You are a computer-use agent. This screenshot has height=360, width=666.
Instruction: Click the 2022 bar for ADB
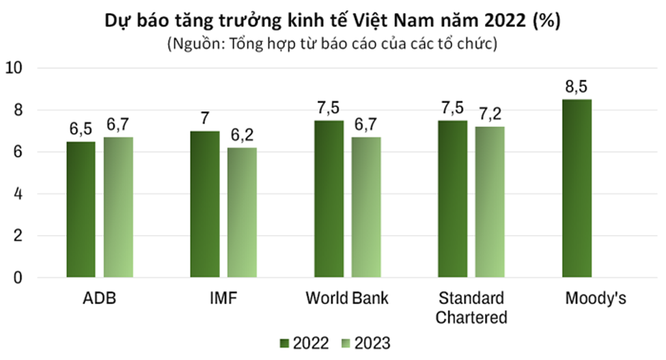pyautogui.click(x=81, y=210)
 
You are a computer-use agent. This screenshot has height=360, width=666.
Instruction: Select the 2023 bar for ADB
pyautogui.click(x=118, y=208)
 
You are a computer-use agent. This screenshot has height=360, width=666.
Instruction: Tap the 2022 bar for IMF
pyautogui.click(x=205, y=204)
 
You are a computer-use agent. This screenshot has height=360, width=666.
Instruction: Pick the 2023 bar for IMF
pyautogui.click(x=242, y=212)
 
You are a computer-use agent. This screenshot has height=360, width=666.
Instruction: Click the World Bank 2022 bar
pyautogui.click(x=329, y=199)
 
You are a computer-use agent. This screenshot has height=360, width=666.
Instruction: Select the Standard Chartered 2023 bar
pyautogui.click(x=490, y=202)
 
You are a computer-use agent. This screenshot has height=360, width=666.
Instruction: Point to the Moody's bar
pyautogui.click(x=577, y=189)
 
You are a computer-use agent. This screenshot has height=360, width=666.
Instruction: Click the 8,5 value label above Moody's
pyautogui.click(x=577, y=87)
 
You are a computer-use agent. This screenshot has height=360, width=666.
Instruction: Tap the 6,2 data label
pyautogui.click(x=242, y=135)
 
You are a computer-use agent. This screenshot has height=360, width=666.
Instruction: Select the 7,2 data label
pyautogui.click(x=490, y=114)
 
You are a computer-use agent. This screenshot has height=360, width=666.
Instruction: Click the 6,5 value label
pyautogui.click(x=81, y=129)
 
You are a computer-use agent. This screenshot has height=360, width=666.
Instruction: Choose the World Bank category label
pyautogui.click(x=347, y=299)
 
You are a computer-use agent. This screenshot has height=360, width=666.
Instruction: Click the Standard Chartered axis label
pyautogui.click(x=471, y=308)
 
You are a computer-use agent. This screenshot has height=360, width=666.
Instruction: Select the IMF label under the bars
pyautogui.click(x=223, y=299)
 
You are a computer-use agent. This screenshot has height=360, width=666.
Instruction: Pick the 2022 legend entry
pyautogui.click(x=305, y=342)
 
